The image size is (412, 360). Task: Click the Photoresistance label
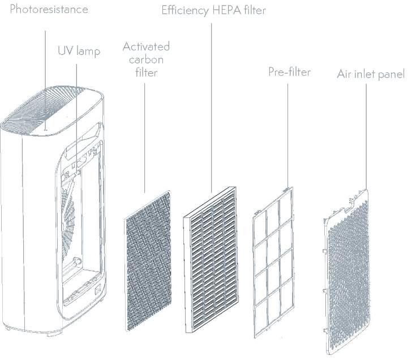click(x=49, y=10)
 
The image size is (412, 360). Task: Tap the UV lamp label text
click(x=79, y=51)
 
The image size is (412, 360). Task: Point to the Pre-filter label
click(x=289, y=72)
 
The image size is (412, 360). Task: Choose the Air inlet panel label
click(x=371, y=74)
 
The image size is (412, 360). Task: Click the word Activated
click(x=146, y=46)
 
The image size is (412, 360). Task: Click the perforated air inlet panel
click(x=346, y=272)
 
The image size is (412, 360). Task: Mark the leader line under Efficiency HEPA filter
click(x=212, y=102)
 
